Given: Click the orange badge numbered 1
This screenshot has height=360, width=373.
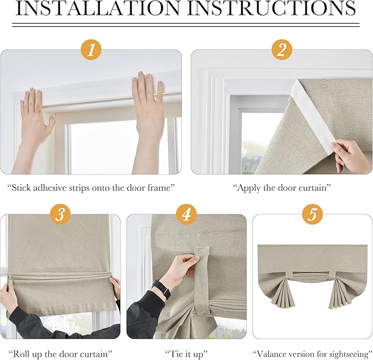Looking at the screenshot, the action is point(91,51).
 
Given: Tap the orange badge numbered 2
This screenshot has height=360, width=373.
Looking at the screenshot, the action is point(282,51).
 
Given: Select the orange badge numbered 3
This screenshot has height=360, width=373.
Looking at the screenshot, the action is point(60,214).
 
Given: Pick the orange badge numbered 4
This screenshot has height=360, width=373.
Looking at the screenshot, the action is point(187,214).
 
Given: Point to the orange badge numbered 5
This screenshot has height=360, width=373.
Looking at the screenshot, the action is point(313,214).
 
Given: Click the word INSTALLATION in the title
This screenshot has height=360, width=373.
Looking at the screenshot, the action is point(98,8).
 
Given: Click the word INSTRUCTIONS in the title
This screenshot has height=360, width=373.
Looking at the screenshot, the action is point(272,8).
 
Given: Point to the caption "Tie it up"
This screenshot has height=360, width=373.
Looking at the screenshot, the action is point(186,355).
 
